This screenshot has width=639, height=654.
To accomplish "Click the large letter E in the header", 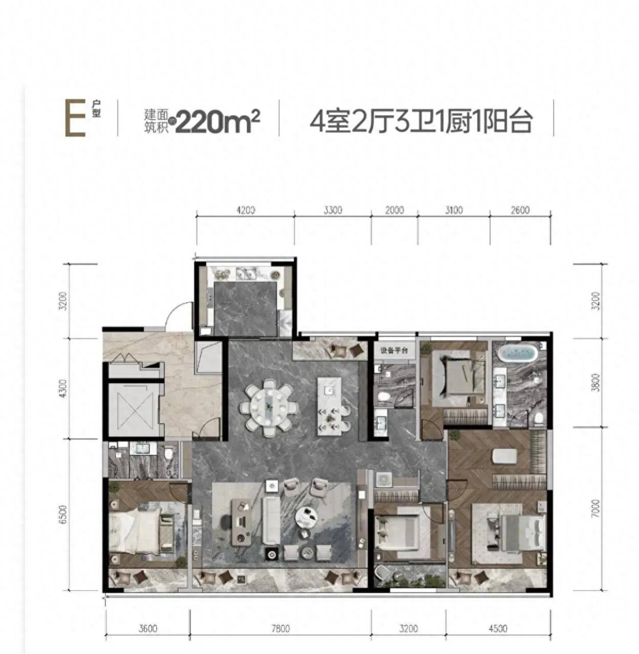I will click(74, 118).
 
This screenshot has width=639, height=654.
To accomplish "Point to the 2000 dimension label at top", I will click(394, 210).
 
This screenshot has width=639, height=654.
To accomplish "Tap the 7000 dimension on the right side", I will click(595, 509).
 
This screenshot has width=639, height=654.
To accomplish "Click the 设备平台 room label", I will click(394, 351).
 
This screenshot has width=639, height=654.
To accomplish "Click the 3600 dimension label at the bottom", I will click(147, 629).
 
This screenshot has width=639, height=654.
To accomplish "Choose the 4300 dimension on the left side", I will click(62, 388).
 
